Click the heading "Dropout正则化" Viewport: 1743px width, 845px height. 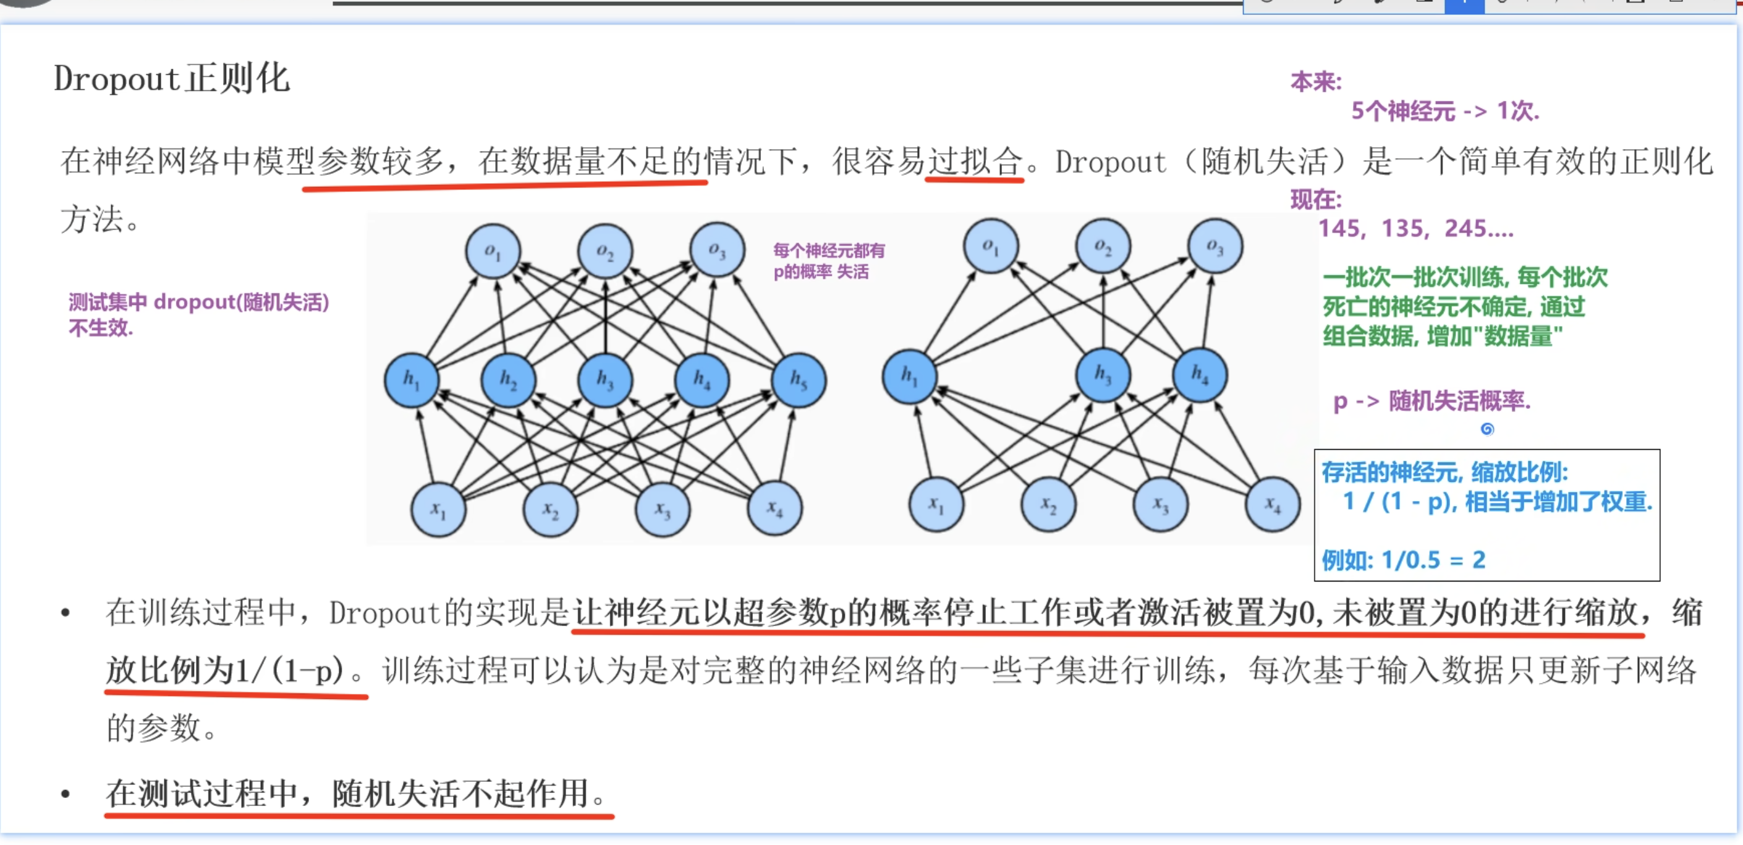tap(172, 79)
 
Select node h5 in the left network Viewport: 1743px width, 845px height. tap(799, 380)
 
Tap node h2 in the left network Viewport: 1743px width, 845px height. tap(508, 380)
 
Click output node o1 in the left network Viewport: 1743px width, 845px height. tap(493, 251)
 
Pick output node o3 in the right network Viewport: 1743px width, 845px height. tap(1215, 246)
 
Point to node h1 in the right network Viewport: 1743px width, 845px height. tap(909, 375)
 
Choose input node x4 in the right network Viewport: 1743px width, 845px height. tap(1273, 504)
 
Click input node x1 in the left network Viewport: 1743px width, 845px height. tap(438, 510)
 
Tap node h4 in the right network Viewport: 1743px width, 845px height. tap(1199, 374)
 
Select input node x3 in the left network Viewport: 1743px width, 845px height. tap(663, 510)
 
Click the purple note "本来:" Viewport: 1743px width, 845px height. tap(1315, 82)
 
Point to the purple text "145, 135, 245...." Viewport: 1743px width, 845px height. tap(1415, 229)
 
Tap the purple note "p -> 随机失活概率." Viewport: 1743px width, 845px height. tap(1431, 401)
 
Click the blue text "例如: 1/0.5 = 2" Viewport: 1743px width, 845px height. tap(1403, 560)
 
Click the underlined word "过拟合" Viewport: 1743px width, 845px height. tap(973, 161)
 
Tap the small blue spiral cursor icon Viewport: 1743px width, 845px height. tap(1486, 429)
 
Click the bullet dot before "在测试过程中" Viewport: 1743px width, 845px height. tap(66, 794)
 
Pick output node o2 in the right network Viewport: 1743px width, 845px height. tap(1102, 246)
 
